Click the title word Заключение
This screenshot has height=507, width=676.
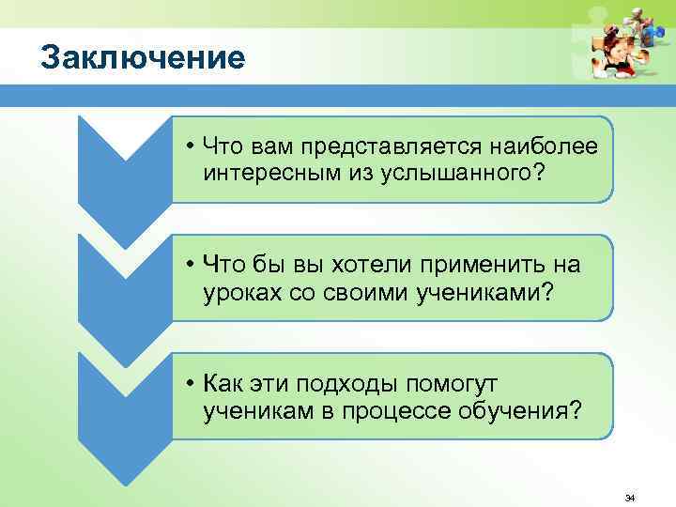[144, 58]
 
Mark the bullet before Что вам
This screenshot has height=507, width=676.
[190, 147]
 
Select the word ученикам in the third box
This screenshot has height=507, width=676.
[257, 411]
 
